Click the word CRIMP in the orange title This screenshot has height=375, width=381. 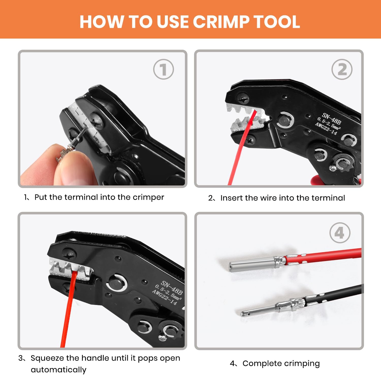pos(220,22)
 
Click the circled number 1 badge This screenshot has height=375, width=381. pos(164,69)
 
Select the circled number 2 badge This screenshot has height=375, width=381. pos(342,69)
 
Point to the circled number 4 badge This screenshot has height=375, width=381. pos(340,233)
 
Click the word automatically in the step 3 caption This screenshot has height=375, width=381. pos(58,370)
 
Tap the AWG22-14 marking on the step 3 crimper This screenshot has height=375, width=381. pos(164,297)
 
